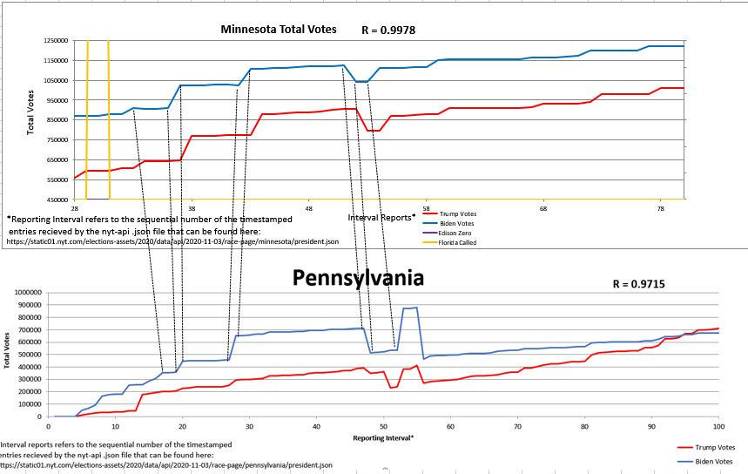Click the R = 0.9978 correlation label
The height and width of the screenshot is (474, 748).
[388, 30]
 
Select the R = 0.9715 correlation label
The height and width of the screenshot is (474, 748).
[638, 284]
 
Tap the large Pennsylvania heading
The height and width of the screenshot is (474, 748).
[358, 278]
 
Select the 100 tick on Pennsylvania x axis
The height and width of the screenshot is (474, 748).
[718, 425]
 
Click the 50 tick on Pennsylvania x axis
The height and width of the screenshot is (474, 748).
[383, 425]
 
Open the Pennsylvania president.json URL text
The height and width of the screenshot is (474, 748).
[166, 465]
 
